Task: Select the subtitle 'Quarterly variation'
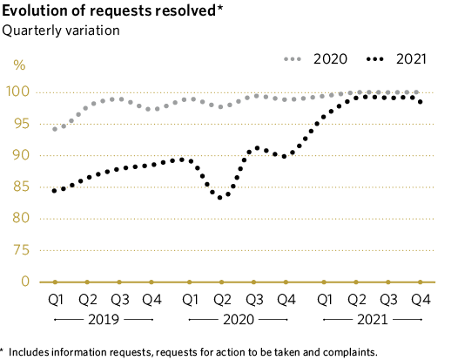(x=61, y=31)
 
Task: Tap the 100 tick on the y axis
(x=20, y=92)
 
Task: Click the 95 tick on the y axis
(x=20, y=124)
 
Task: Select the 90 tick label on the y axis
(x=20, y=155)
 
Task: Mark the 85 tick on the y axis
(x=20, y=187)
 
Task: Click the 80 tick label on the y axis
(x=20, y=218)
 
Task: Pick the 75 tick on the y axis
(x=20, y=250)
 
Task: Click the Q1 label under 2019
(x=56, y=300)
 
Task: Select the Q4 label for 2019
(x=152, y=300)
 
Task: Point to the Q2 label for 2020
(x=221, y=300)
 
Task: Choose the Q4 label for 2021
(x=421, y=300)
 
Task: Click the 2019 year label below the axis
(x=103, y=320)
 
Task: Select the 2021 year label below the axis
(x=372, y=320)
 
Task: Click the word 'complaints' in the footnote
(x=348, y=352)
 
